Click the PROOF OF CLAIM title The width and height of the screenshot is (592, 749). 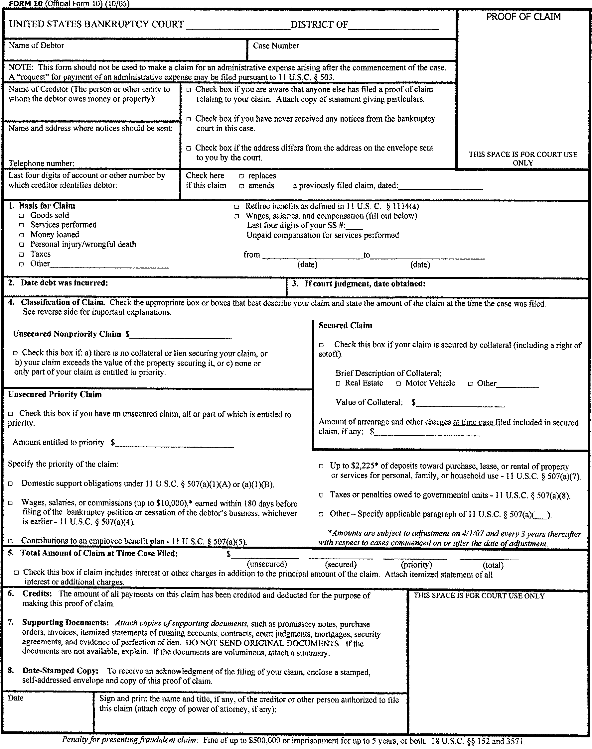tap(523, 17)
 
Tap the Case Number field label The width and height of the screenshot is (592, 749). tap(276, 46)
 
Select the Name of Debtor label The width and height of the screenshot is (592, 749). tap(36, 46)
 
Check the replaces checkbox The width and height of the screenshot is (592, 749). tap(241, 176)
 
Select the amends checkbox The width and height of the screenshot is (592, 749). tap(241, 186)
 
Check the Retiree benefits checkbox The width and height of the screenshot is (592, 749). tap(236, 207)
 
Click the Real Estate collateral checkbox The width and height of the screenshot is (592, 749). tap(338, 383)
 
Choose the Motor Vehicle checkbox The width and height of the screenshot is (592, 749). tap(398, 383)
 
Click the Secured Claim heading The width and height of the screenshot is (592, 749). tap(345, 325)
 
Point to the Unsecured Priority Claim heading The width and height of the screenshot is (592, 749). tap(55, 394)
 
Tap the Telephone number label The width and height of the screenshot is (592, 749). tap(41, 163)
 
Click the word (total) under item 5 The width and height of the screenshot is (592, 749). tap(493, 565)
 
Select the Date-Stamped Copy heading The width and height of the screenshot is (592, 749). tap(60, 670)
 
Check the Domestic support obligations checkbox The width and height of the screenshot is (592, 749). tap(11, 484)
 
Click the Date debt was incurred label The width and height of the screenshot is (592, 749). tap(64, 282)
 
